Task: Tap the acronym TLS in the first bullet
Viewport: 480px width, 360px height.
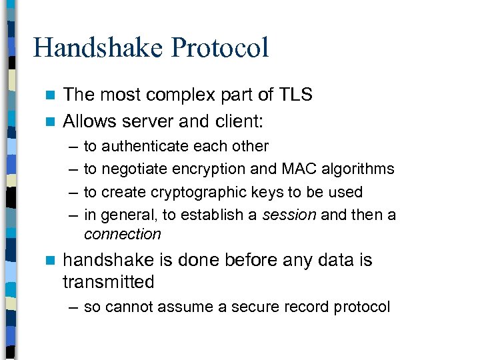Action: tap(295, 95)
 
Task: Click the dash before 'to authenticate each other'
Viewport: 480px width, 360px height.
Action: tap(71, 146)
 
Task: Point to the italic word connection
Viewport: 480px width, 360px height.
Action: tap(122, 234)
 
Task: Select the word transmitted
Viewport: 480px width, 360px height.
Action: tap(108, 282)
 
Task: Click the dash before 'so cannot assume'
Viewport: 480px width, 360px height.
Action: tap(71, 307)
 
